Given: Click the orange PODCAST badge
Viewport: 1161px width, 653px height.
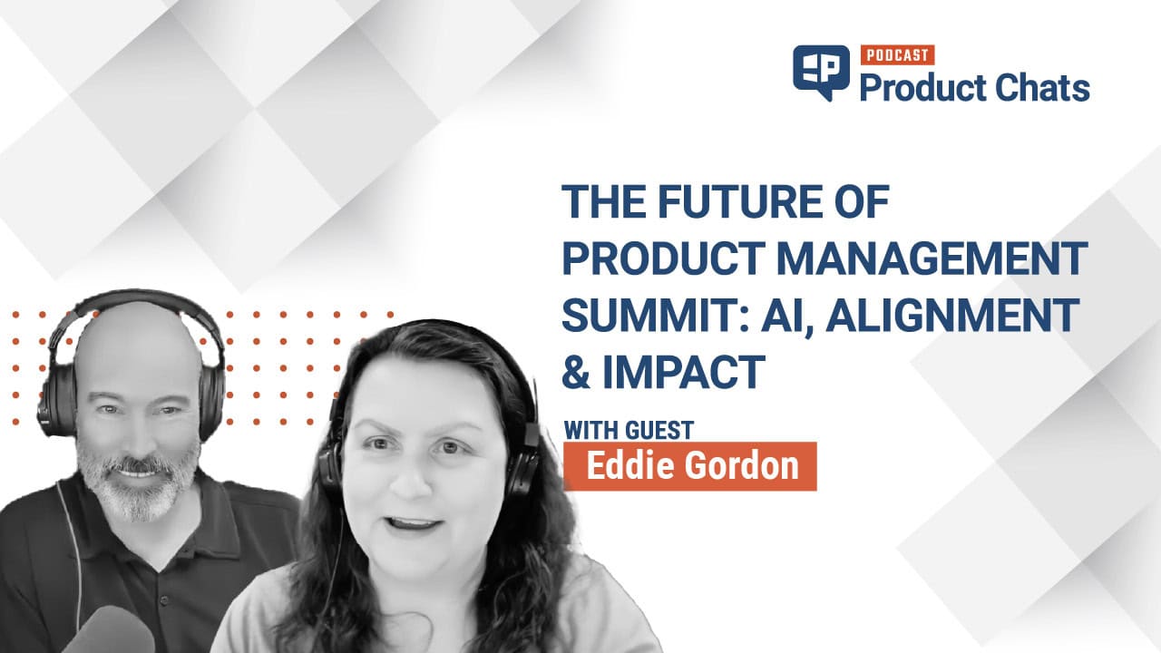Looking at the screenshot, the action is tap(897, 55).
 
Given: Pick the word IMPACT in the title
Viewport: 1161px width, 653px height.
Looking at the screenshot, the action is tap(684, 371).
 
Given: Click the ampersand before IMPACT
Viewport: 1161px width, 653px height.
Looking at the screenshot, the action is tap(576, 372).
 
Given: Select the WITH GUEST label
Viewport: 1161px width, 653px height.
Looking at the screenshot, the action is tap(629, 430).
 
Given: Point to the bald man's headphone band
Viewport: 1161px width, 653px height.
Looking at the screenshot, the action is tap(135, 299).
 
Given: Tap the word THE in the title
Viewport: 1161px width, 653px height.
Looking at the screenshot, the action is tap(604, 201).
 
